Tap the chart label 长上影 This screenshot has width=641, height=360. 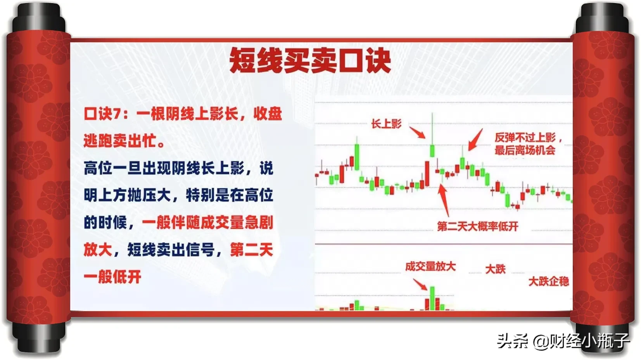(386, 124)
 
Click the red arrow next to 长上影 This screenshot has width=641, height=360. (417, 133)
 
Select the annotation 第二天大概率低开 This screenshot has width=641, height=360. (478, 226)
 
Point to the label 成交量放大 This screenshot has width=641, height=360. (430, 267)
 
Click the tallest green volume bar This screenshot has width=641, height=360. (432, 298)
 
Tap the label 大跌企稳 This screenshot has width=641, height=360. (548, 282)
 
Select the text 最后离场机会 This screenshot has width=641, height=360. (525, 150)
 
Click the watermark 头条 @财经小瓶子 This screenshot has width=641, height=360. (563, 341)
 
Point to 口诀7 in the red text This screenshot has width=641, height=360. (102, 114)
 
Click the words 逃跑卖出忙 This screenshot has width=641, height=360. (120, 141)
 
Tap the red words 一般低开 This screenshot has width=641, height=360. (112, 277)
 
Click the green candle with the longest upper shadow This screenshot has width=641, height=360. (432, 135)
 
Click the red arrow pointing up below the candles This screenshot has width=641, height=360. (444, 200)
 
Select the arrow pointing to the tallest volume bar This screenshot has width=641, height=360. (420, 284)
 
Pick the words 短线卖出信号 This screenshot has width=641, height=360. (171, 250)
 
